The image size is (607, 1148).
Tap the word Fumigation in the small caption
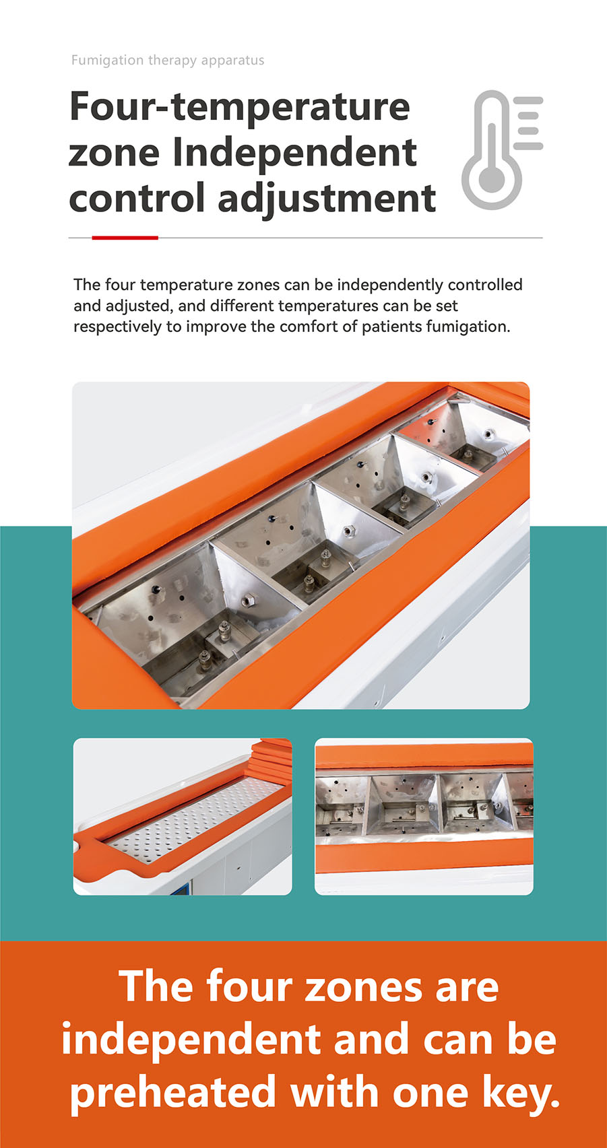(108, 61)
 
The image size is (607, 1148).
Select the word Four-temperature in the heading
(239, 107)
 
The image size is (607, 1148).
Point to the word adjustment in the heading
(327, 199)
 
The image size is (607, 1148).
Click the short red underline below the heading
(125, 238)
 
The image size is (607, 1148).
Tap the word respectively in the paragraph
(117, 327)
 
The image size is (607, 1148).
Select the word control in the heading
(137, 198)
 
